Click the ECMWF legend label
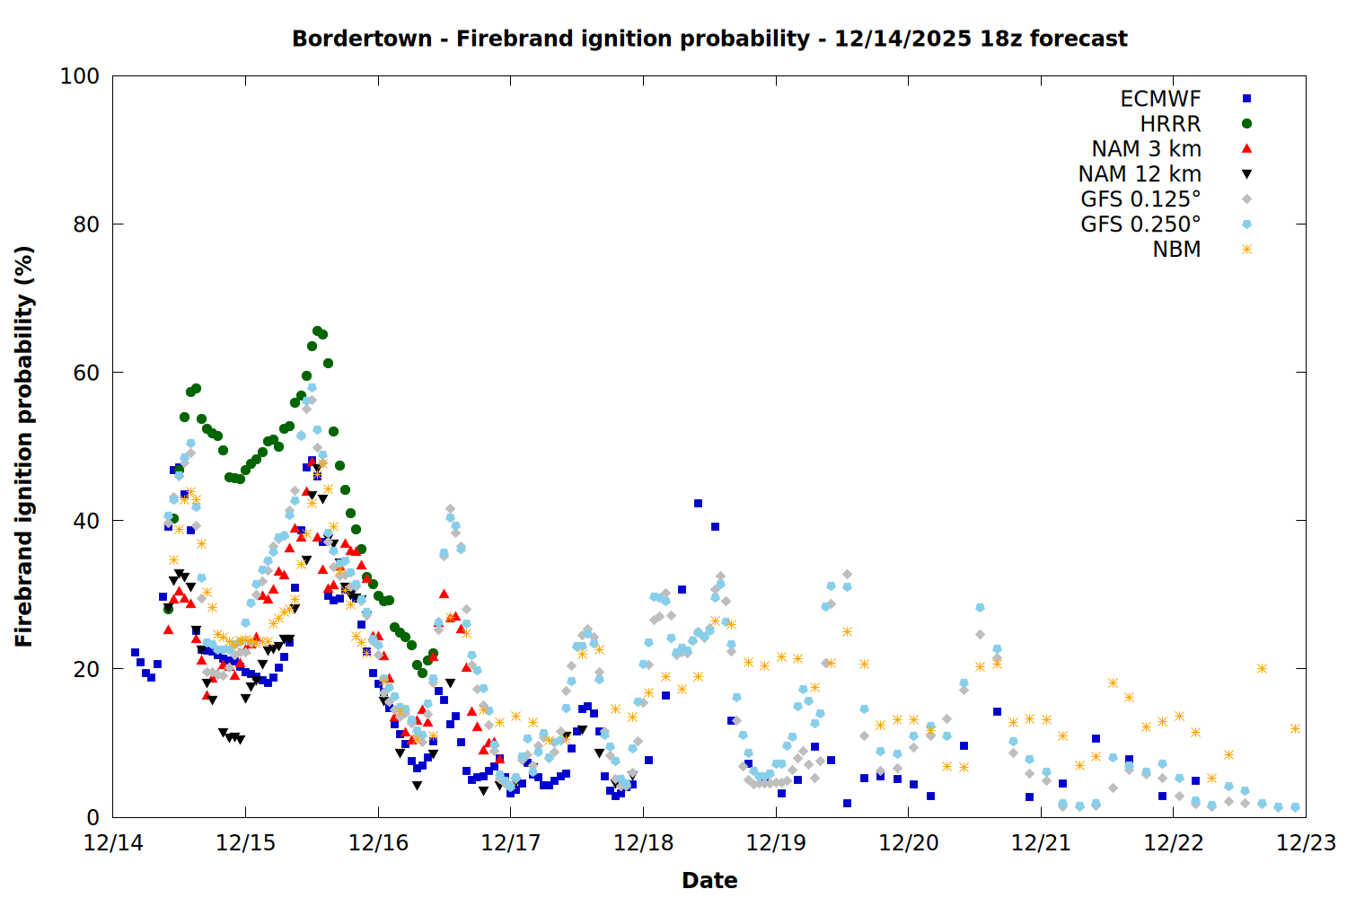point(1160,99)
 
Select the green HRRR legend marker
point(1246,124)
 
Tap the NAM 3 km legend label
point(1146,149)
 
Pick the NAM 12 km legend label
point(1140,174)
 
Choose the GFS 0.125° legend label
point(1140,199)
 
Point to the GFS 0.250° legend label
point(1140,224)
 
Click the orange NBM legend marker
point(1246,250)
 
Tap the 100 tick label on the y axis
point(80,76)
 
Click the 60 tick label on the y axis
point(86,373)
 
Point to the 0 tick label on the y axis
point(92,817)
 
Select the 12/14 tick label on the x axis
point(113,843)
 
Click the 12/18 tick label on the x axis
point(643,843)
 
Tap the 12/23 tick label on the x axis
point(1306,843)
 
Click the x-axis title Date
point(709,880)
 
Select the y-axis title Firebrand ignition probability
point(24,446)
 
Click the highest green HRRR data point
point(317,331)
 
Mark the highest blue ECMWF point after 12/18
point(698,504)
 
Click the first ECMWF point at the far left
point(135,653)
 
